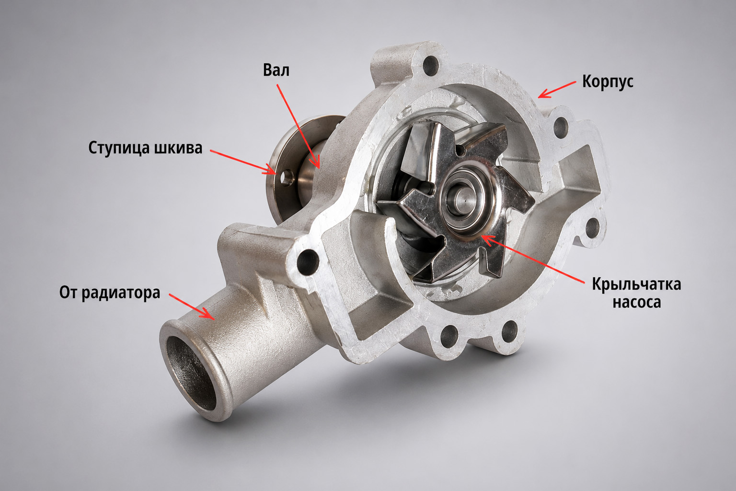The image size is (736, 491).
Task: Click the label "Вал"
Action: [x=276, y=70]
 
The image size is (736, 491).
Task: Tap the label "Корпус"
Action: [x=608, y=82]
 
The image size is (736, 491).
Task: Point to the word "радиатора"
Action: [x=121, y=292]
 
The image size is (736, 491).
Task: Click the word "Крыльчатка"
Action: [x=636, y=284]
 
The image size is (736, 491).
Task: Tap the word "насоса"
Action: [x=637, y=302]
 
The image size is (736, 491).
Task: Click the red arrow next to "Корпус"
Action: [x=557, y=90]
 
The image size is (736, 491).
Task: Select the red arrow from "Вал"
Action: [x=298, y=126]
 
